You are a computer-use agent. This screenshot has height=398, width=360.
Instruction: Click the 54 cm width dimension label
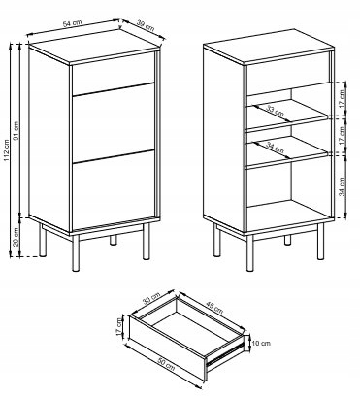(72, 23)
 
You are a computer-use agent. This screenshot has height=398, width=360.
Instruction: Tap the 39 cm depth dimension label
(146, 25)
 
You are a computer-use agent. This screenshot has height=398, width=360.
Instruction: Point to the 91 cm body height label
(16, 131)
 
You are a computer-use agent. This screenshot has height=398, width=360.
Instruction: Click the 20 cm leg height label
(16, 237)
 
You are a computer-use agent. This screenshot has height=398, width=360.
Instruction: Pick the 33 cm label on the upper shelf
(275, 112)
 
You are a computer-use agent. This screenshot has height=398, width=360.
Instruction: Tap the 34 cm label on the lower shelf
(275, 148)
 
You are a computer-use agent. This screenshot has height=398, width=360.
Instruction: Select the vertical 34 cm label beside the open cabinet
(343, 186)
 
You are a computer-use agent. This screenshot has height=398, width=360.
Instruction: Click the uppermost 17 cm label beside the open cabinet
(343, 98)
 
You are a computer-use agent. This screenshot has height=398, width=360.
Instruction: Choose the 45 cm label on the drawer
(213, 308)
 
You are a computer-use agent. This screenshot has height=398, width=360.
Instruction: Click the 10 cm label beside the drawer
(261, 344)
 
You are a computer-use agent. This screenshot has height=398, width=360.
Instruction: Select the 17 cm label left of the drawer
(119, 326)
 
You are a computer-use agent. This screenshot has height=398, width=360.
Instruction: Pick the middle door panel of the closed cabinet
(114, 123)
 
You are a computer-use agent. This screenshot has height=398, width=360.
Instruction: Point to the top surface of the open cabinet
(269, 46)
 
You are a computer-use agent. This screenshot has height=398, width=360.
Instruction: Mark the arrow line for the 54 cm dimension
(75, 27)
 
